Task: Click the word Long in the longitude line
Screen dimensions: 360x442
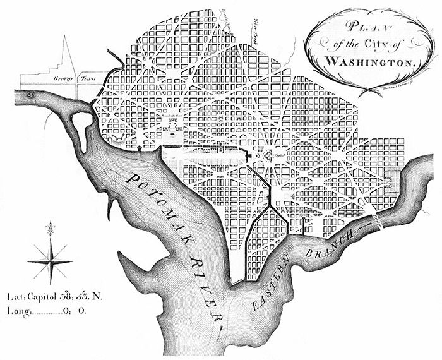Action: [x=17, y=311]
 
